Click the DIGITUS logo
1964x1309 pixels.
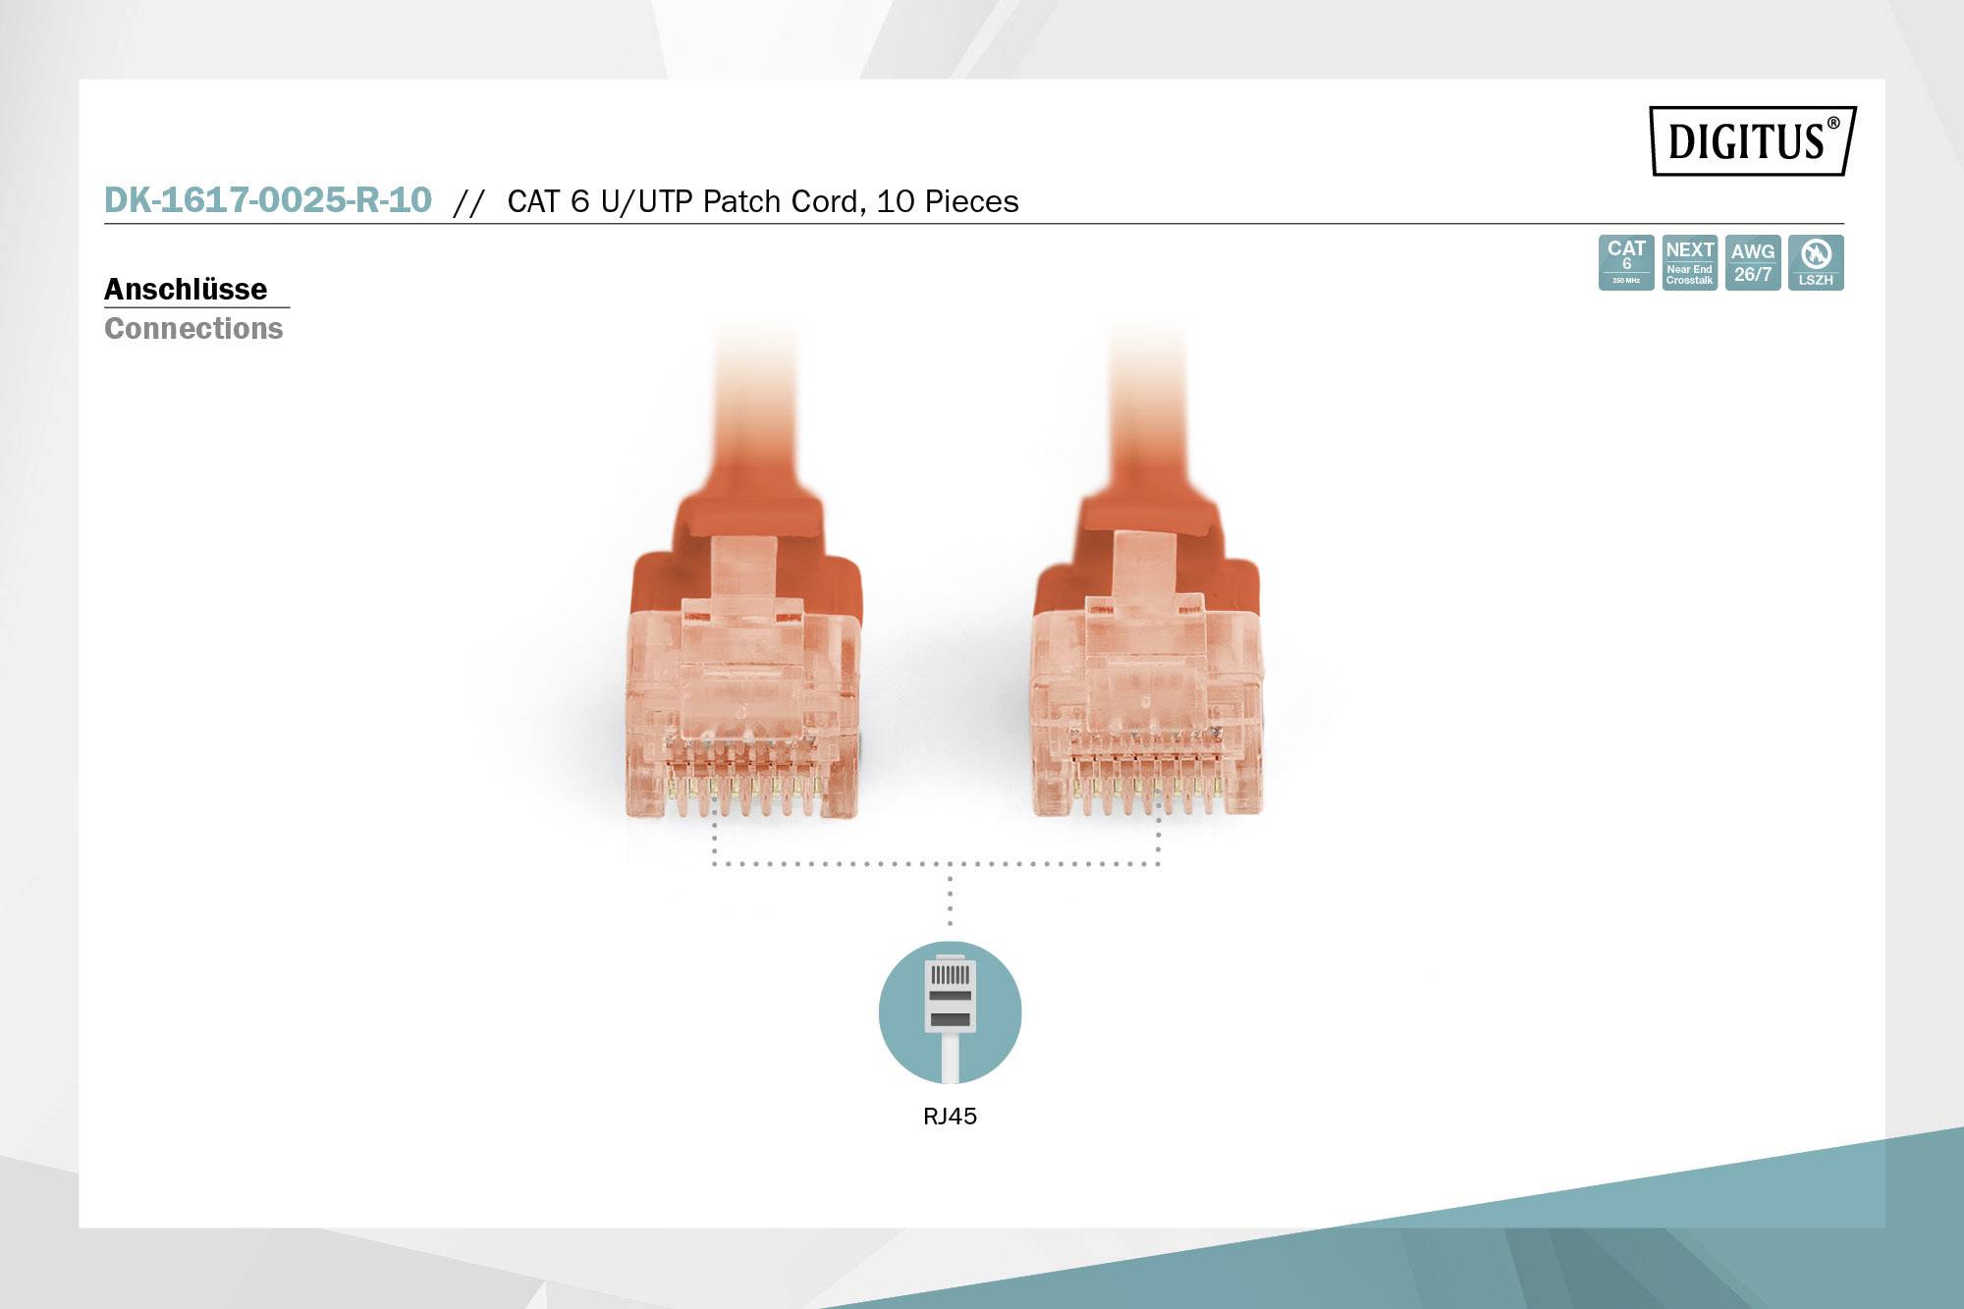1752,140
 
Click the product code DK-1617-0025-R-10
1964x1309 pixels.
268,200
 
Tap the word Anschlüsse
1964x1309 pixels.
186,290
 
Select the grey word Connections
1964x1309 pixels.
193,328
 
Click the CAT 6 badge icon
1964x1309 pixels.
1626,262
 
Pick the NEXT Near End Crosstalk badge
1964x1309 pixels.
1689,262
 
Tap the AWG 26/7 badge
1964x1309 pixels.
1753,262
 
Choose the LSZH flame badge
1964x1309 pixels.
1816,262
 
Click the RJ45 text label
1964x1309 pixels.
950,1117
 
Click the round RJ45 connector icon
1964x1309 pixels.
950,1012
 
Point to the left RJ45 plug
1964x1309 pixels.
743,687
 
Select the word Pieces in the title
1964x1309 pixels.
972,201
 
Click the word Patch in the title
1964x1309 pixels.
741,201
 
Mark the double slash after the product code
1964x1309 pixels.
468,202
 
